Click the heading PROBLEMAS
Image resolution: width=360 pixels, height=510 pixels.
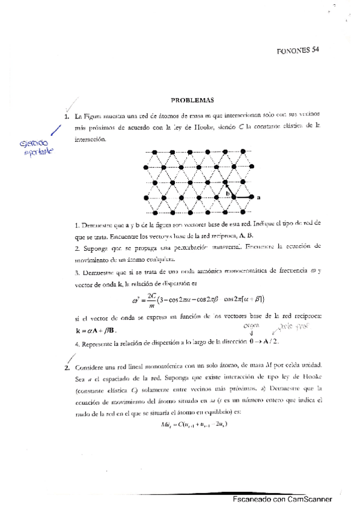pos(188,101)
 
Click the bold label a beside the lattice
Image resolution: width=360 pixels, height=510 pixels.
pos(258,197)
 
